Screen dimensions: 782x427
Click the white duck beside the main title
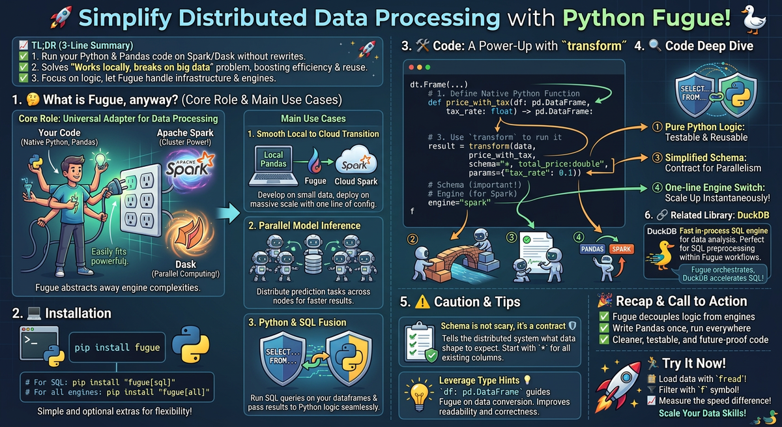tap(754, 19)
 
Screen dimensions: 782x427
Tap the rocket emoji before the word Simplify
tap(61, 17)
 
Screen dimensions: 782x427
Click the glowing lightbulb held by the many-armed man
tap(100, 159)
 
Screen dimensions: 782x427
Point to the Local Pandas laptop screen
tap(273, 159)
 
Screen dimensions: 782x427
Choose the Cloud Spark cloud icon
tap(356, 161)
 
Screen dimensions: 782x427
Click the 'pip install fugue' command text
tap(117, 347)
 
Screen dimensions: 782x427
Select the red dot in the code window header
tap(411, 67)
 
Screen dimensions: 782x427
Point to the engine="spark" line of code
tap(459, 203)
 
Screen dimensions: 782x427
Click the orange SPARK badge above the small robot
tap(622, 249)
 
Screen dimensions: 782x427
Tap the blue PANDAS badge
tap(592, 249)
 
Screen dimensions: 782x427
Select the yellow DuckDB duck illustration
tap(661, 255)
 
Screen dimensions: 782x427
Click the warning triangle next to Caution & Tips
tap(422, 302)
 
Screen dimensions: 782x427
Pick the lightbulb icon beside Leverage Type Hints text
tap(419, 396)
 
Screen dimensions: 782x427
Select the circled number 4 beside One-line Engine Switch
tap(657, 188)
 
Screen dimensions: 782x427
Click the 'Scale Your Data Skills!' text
tap(702, 413)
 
